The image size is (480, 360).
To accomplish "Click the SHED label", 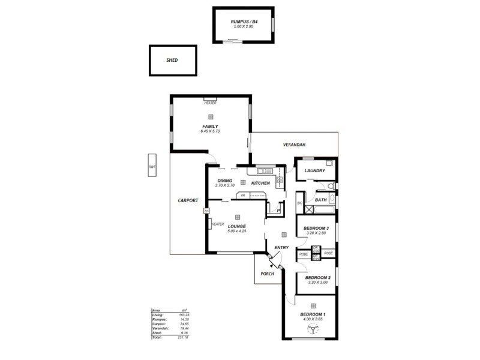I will [x=172, y=61].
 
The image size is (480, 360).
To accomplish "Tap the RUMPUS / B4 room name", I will [x=244, y=22].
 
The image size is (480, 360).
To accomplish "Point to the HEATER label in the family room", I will [x=210, y=102].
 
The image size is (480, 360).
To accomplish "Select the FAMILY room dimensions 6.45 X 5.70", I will [x=211, y=131].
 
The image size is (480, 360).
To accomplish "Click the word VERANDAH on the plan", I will [x=295, y=145].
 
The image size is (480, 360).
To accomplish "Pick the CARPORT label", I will [x=188, y=200].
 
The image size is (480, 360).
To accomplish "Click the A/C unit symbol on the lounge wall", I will [x=206, y=211].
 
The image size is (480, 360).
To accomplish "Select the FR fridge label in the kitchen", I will [x=243, y=195].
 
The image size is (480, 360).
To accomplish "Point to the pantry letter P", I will [x=278, y=210].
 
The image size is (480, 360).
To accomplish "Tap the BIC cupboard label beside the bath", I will [x=299, y=203].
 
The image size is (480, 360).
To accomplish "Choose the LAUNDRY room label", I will [x=314, y=171].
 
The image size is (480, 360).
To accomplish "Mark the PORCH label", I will [x=267, y=274].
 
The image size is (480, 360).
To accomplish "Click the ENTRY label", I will [x=281, y=247].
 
